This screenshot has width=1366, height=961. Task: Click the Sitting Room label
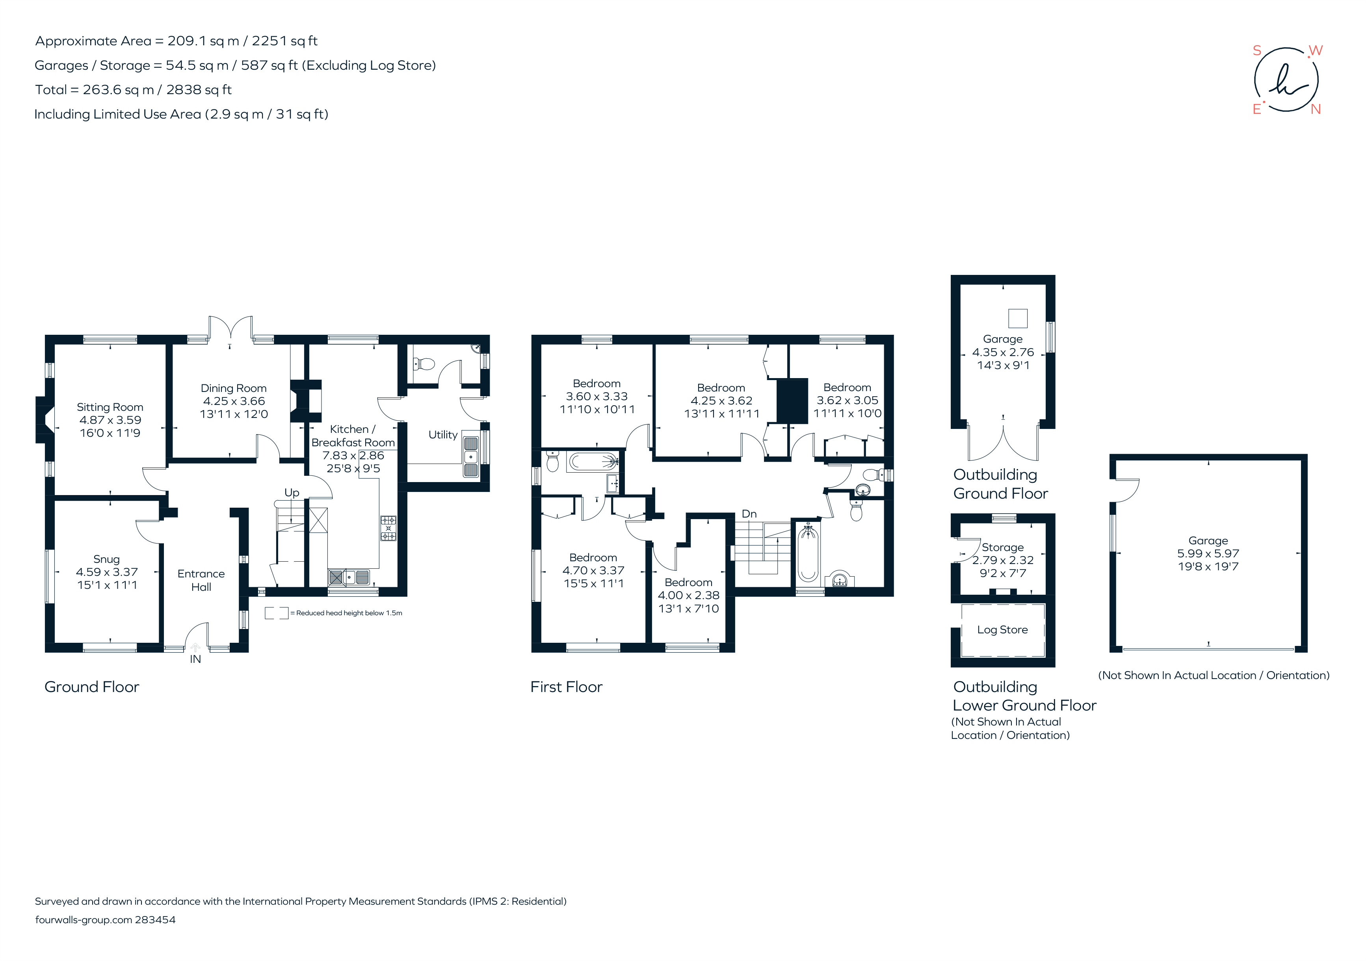pos(110,407)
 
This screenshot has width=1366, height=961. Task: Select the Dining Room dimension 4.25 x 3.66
pos(234,401)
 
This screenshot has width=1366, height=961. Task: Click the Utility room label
pos(442,435)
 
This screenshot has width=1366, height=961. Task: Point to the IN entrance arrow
pos(195,648)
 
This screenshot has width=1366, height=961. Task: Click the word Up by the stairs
pos(292,492)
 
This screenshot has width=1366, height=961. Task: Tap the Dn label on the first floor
pos(749,514)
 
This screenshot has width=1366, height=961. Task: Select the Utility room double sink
pos(470,457)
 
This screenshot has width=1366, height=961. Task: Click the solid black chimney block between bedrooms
pos(792,401)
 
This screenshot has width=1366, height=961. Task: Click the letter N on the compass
pos(1316,109)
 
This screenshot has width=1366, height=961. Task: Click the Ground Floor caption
pos(92,687)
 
